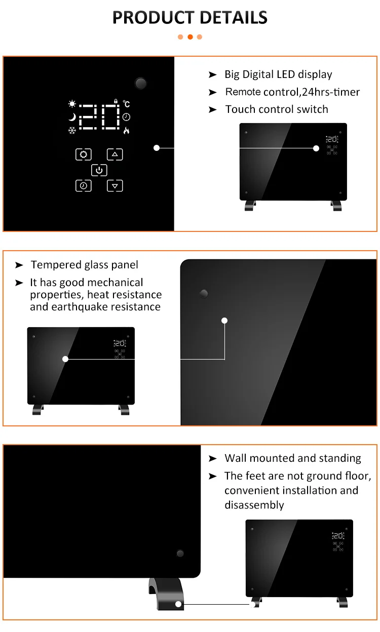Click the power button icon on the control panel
99,170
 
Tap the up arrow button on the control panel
115,154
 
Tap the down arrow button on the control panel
115,186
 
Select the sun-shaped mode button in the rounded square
83,154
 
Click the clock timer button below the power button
83,186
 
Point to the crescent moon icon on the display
72,117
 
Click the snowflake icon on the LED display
72,131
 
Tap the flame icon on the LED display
126,131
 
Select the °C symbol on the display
127,104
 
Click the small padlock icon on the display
116,102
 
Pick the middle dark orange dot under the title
190,37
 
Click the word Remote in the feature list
243,92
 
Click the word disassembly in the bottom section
254,505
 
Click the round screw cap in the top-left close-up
140,83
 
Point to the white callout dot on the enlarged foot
178,604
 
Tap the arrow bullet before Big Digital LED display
212,75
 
